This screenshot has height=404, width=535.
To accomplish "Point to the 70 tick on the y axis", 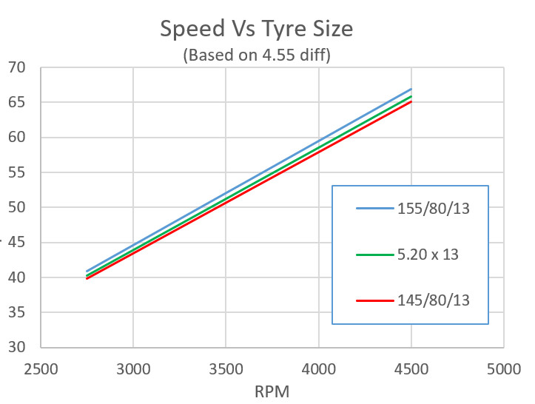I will (x=16, y=68).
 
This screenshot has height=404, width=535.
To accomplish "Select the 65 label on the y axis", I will (x=16, y=103).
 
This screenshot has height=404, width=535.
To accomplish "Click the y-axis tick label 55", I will (x=16, y=172).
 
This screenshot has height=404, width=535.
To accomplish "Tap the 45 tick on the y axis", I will (x=16, y=243).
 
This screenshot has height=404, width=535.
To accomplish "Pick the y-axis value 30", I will (x=16, y=348).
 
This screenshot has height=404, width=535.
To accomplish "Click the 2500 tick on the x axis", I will (x=41, y=368).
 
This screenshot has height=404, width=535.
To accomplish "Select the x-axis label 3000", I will (x=133, y=368).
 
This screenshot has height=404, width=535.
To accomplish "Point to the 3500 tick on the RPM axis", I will (x=226, y=368).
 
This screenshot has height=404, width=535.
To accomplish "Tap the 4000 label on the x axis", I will (x=318, y=368).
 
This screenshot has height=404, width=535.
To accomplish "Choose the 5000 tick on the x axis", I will (x=503, y=368).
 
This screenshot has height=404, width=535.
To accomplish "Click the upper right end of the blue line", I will (x=411, y=89).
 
